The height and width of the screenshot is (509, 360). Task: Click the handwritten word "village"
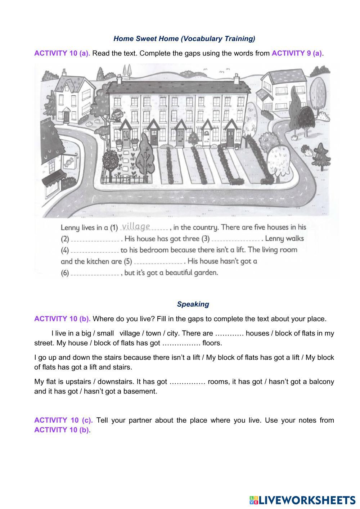[136, 226]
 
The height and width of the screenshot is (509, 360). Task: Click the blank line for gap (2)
[95, 239]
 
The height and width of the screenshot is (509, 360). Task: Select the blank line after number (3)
[236, 239]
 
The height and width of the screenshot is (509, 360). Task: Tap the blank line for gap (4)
[95, 251]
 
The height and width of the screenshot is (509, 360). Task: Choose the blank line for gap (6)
[95, 274]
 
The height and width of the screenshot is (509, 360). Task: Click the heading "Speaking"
[193, 304]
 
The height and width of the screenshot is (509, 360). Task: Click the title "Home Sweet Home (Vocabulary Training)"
[184, 39]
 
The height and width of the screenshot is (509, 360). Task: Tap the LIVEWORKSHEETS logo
[302, 500]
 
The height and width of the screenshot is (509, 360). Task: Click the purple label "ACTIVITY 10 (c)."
[63, 420]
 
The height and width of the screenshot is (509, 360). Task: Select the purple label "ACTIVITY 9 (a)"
[297, 53]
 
